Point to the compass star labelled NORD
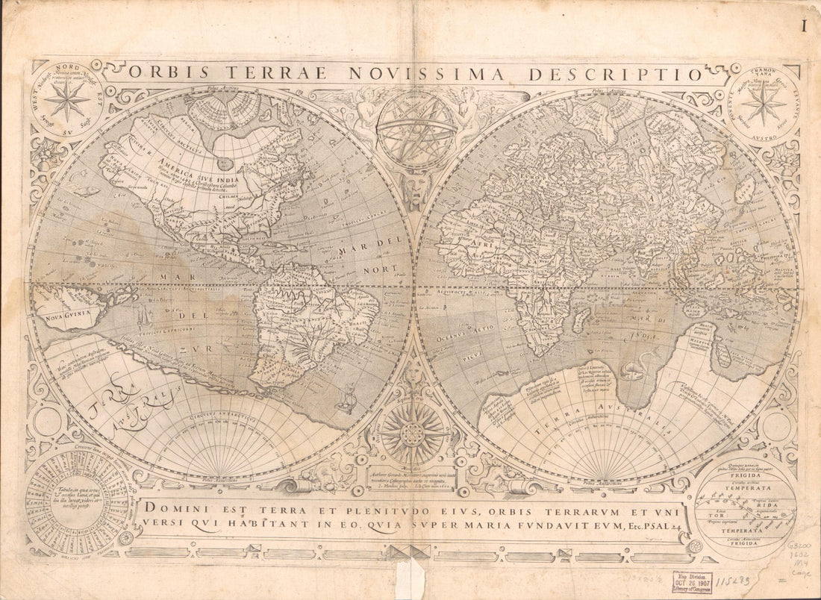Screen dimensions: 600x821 click(66, 100)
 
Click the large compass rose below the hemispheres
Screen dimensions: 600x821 click(413, 432)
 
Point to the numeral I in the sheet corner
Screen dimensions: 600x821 click(805, 27)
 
